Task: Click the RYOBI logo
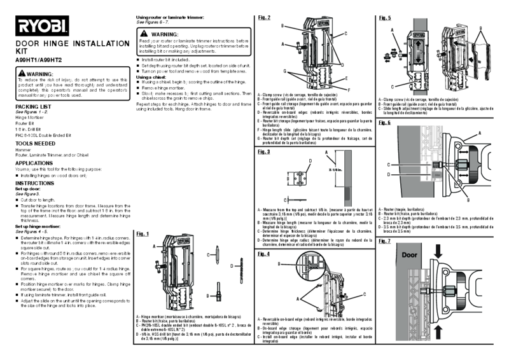pyautogui.click(x=41, y=26)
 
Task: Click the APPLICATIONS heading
pyautogui.click(x=34, y=163)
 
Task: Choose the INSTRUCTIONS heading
pyautogui.click(x=34, y=183)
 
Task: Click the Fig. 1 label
pyautogui.click(x=143, y=233)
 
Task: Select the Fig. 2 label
pyautogui.click(x=264, y=17)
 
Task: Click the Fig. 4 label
pyautogui.click(x=264, y=254)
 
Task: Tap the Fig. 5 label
pyautogui.click(x=385, y=18)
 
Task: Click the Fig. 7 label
pyautogui.click(x=385, y=242)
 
